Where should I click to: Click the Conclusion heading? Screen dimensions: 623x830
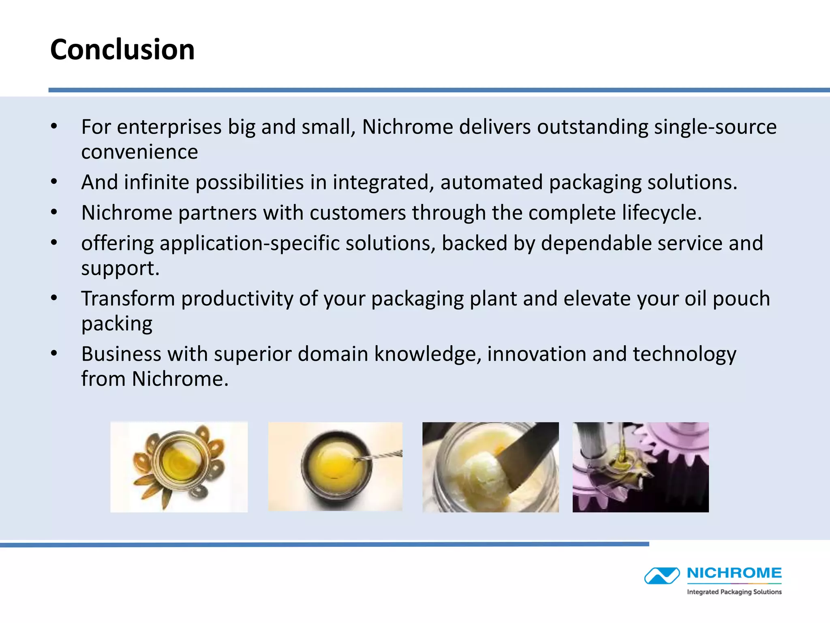(x=122, y=49)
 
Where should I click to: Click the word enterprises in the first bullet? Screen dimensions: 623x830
(x=169, y=127)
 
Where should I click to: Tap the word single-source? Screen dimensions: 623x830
(x=715, y=127)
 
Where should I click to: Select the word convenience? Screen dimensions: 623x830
(x=139, y=152)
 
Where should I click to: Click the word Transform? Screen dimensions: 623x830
(x=128, y=299)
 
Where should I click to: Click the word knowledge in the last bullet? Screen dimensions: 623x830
(x=428, y=354)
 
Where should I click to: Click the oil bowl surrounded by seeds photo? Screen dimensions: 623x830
(x=179, y=467)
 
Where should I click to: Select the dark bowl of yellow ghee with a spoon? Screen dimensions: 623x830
(x=335, y=466)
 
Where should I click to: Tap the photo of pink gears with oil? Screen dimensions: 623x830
(x=640, y=467)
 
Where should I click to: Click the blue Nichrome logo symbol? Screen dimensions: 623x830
(x=662, y=576)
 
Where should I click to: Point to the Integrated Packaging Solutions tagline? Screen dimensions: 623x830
(x=734, y=592)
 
